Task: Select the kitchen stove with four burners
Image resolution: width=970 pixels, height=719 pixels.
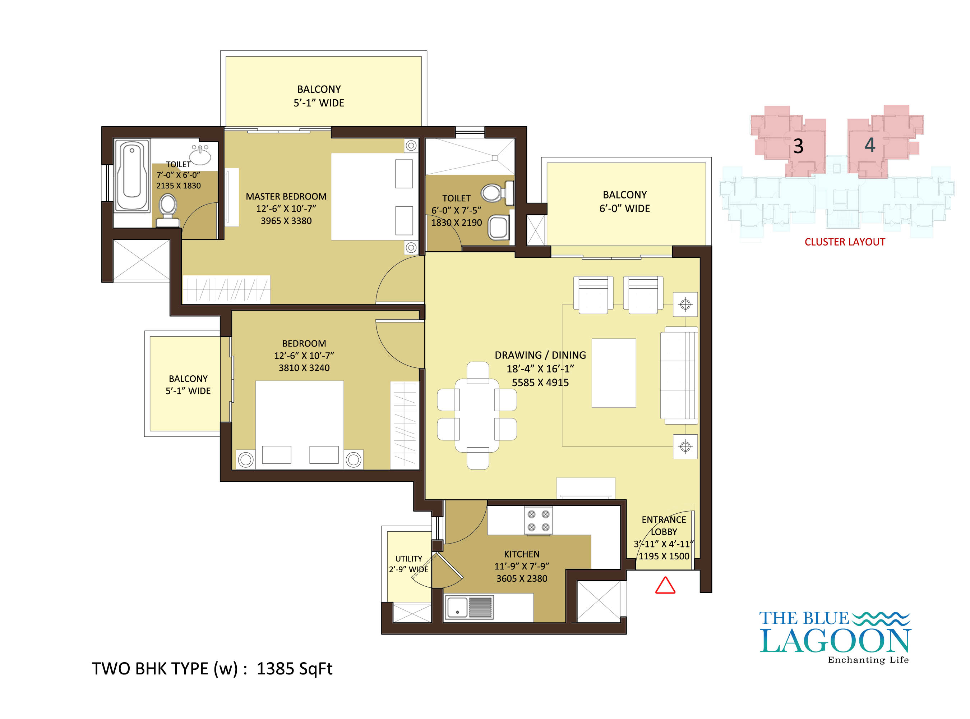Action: pos(538,521)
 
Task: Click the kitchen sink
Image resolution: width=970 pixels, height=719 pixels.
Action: pos(469,607)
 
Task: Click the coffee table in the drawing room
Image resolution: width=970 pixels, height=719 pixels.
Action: pos(614,373)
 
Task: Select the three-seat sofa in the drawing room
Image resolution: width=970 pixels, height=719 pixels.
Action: pos(679,376)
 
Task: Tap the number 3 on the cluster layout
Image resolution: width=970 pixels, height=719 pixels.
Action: pos(798,146)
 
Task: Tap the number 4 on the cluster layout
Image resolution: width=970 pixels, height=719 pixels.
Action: pos(869,145)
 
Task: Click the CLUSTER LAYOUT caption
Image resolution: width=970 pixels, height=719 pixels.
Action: pos(845,242)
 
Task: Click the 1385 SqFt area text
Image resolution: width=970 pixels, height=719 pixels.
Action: pos(295,669)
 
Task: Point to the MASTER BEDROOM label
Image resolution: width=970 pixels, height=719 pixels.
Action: pos(286,197)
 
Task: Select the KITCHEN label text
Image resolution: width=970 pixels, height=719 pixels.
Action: pos(522,554)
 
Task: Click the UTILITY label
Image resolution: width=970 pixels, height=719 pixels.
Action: pos(409,559)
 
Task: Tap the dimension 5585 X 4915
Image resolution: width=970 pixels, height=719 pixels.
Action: pos(540,383)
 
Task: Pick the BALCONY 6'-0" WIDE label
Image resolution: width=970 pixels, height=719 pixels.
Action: pos(625,202)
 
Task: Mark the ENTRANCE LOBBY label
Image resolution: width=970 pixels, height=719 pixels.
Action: pos(664,526)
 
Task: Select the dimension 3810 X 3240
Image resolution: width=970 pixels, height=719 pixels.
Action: pos(304,368)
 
